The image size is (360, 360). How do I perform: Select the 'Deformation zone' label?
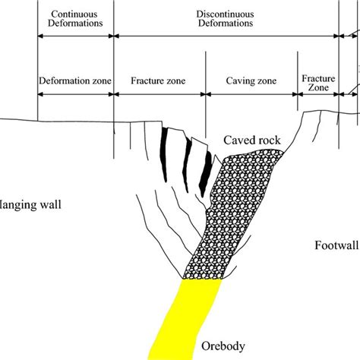pyautogui.click(x=75, y=80)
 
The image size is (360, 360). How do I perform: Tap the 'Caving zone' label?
pyautogui.click(x=251, y=80)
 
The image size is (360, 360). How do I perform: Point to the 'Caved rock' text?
pyautogui.click(x=248, y=141)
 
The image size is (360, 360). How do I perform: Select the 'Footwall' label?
pyautogui.click(x=335, y=245)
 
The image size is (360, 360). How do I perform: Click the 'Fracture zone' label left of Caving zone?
pyautogui.click(x=159, y=80)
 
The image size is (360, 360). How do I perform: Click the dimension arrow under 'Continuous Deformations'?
pyautogui.click(x=75, y=34)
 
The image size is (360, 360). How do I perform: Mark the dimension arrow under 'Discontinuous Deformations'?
pyautogui.click(x=226, y=34)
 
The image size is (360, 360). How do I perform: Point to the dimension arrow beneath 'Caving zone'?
pyautogui.click(x=251, y=94)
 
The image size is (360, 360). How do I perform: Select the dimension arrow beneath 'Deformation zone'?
pyautogui.click(x=75, y=94)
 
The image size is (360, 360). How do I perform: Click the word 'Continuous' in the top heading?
pyautogui.click(x=75, y=14)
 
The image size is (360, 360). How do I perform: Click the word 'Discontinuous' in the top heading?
pyautogui.click(x=226, y=14)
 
